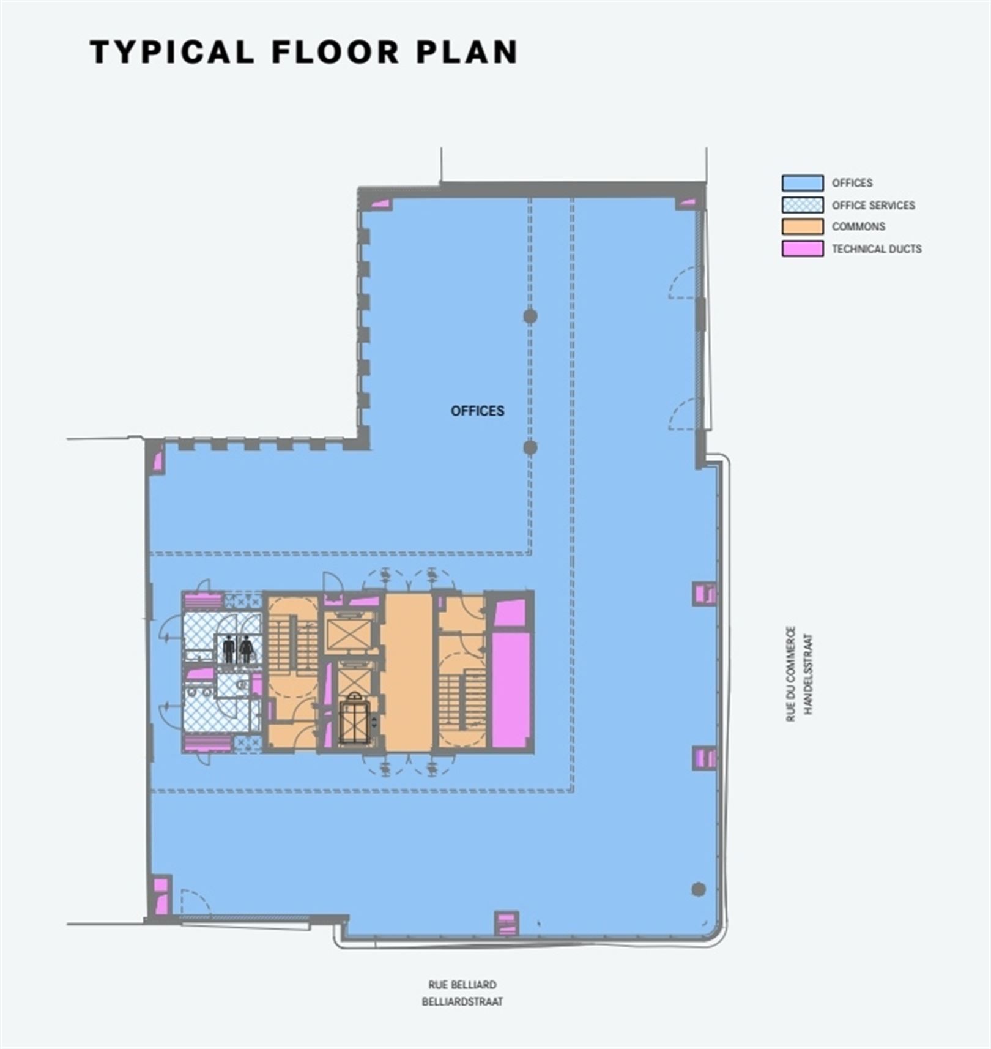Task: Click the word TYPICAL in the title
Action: pyautogui.click(x=172, y=52)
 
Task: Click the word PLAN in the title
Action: pyautogui.click(x=467, y=52)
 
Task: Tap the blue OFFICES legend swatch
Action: pyautogui.click(x=802, y=183)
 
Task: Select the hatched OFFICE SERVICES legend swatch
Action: pyautogui.click(x=802, y=205)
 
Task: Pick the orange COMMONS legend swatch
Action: pyautogui.click(x=802, y=226)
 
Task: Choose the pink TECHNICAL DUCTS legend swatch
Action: pyautogui.click(x=802, y=249)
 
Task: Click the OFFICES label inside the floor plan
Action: pyautogui.click(x=477, y=411)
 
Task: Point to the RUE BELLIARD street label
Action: pyautogui.click(x=462, y=985)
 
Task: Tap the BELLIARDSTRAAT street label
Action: pyautogui.click(x=462, y=1002)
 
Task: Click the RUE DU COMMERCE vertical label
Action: pyautogui.click(x=790, y=673)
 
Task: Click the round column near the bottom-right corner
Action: pyautogui.click(x=698, y=889)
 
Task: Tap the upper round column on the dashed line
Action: pyautogui.click(x=530, y=316)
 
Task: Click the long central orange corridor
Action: pyautogui.click(x=409, y=671)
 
